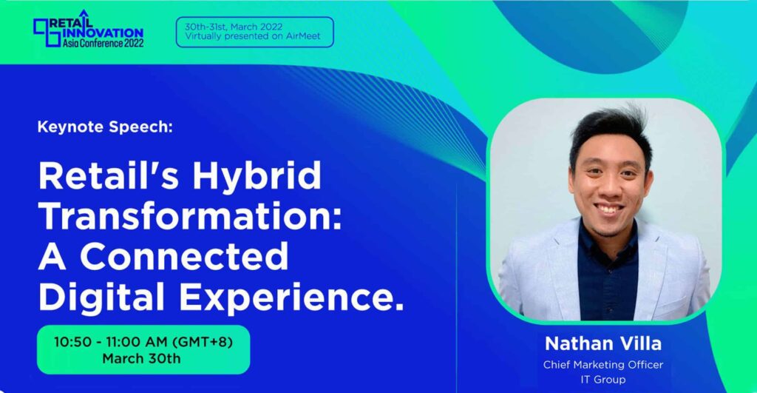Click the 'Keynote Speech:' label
(x=104, y=127)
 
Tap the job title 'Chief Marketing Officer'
(x=602, y=365)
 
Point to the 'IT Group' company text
(x=602, y=379)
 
